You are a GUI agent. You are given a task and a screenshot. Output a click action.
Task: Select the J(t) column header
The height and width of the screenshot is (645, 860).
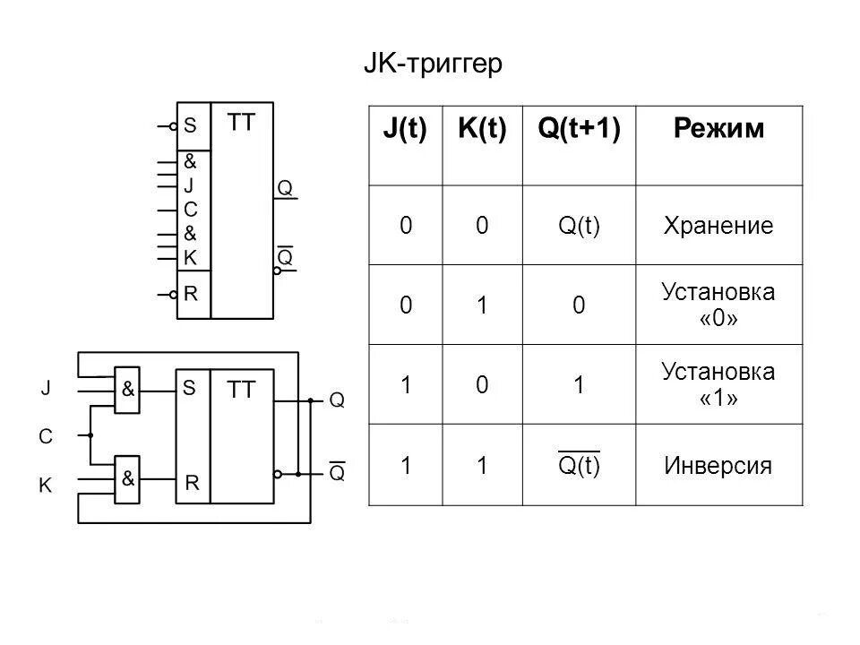point(405,129)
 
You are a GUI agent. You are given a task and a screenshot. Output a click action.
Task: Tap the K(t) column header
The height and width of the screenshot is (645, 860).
point(482,129)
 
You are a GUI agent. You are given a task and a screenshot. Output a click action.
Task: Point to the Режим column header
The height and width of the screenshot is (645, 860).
point(718,129)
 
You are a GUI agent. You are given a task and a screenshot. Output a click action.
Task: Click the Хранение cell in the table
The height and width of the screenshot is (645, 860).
point(718,226)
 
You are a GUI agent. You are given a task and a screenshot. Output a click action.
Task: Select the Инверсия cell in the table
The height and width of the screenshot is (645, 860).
point(718,466)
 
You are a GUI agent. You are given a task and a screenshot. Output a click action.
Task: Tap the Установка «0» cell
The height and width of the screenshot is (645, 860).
point(718,305)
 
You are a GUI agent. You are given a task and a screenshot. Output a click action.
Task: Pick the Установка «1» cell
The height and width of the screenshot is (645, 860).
point(718,384)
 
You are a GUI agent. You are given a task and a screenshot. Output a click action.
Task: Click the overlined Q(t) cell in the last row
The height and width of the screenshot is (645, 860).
point(579,466)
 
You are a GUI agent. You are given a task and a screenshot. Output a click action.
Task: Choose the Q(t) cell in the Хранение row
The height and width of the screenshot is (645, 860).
point(579,226)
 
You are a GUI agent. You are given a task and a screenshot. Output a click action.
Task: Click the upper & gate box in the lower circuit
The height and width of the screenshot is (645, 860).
point(129,391)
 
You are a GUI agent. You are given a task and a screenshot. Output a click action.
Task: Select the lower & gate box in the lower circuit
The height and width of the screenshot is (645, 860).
point(129,478)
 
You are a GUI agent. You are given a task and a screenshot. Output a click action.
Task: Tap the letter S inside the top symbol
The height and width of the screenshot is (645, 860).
point(190,126)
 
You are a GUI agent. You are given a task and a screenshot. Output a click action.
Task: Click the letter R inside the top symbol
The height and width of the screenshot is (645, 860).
point(190,293)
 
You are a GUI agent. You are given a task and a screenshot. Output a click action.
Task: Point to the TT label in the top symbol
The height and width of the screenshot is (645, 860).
point(240,123)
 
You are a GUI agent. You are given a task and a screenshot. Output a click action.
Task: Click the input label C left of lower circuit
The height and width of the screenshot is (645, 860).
point(46,436)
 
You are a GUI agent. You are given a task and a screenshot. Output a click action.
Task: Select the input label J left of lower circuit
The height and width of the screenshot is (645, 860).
point(46,389)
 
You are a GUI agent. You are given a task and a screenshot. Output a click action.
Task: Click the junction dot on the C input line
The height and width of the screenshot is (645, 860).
point(90,435)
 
